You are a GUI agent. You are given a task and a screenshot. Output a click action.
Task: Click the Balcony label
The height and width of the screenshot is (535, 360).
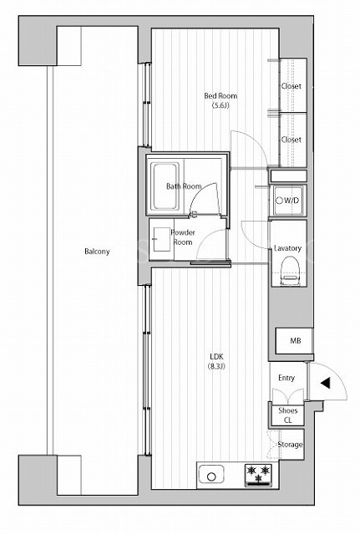[x=97, y=252]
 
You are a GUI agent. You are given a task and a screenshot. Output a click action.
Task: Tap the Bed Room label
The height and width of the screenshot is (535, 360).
[x=221, y=96]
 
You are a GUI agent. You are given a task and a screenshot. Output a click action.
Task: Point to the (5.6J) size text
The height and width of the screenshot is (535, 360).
[x=221, y=105]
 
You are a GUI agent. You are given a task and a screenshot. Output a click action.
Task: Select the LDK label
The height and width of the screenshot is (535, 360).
[x=216, y=357]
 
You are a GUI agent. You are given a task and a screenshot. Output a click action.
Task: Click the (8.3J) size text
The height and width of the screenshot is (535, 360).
[x=216, y=367]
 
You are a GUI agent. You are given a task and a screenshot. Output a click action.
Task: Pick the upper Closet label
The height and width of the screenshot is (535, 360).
[x=292, y=86]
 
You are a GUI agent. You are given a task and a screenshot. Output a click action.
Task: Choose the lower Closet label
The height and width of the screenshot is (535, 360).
[x=292, y=140]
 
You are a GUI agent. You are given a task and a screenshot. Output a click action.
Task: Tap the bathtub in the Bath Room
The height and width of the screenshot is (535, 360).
[x=165, y=186]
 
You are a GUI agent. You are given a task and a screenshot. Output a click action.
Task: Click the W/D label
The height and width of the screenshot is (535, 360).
[x=292, y=201]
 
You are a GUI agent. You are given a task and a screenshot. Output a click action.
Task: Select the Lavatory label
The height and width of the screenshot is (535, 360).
[x=287, y=248]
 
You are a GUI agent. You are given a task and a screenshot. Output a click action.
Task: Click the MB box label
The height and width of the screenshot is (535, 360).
[x=296, y=340]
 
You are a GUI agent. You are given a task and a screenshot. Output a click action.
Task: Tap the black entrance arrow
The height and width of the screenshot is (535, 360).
[x=325, y=383]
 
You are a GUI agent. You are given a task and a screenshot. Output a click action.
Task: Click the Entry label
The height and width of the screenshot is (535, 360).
[x=286, y=378]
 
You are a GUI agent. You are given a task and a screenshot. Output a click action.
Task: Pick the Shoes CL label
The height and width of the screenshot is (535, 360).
[x=287, y=415]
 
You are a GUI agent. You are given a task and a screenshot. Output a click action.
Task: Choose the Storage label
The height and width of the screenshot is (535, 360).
[x=290, y=445]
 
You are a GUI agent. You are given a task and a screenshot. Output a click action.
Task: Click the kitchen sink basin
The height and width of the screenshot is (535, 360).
[x=211, y=474]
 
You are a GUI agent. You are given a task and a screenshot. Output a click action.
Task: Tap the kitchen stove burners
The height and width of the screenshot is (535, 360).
[x=258, y=475]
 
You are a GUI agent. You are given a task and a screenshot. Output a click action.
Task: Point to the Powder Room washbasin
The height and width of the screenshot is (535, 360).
[x=161, y=240]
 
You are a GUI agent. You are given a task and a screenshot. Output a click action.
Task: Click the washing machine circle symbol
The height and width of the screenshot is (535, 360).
[x=279, y=201]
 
